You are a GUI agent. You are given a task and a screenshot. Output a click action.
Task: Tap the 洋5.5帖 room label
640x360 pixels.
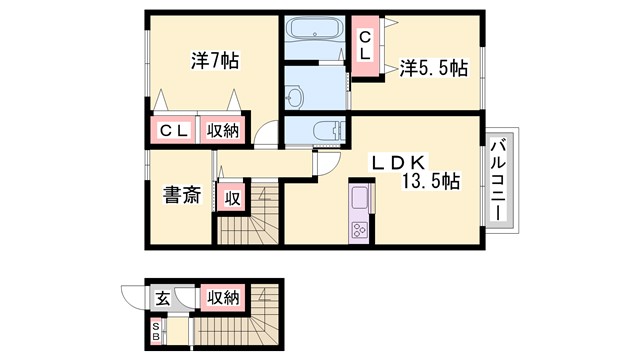[x=434, y=68]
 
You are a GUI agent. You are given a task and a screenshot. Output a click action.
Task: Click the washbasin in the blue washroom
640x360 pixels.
[x=295, y=97]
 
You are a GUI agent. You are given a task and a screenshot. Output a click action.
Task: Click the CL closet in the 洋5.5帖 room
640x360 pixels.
[x=366, y=46]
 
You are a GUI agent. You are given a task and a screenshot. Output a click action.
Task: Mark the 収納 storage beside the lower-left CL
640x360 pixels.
[x=223, y=130]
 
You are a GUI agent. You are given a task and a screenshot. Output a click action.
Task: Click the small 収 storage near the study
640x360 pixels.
[x=231, y=197]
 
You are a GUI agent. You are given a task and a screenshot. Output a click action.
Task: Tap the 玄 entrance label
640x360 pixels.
[x=162, y=296]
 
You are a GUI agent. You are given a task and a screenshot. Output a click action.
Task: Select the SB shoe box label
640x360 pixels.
[x=156, y=331]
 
